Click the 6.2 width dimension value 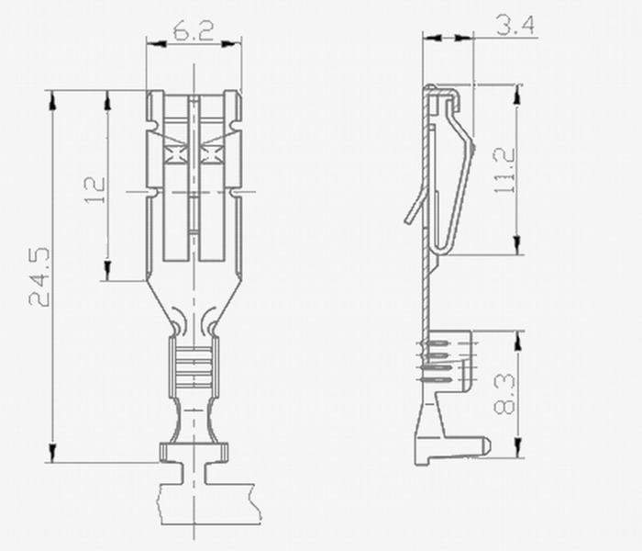click(194, 30)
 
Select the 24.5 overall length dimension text click(39, 276)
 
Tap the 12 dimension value click(95, 190)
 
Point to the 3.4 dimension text click(515, 25)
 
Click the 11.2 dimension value click(504, 170)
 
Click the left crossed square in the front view click(176, 154)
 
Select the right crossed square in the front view click(212, 154)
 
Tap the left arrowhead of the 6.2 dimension click(156, 43)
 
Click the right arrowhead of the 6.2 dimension click(232, 43)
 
